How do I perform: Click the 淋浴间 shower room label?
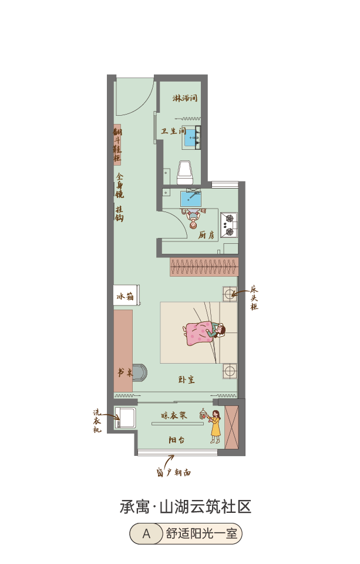coord(185,98)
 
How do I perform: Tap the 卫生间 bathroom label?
coord(173,131)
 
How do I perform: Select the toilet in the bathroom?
coord(185,172)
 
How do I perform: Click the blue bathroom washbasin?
coord(190,137)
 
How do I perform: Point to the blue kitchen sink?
coord(191,199)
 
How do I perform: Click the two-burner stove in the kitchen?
coord(229,225)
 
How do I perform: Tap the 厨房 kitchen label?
coord(207,235)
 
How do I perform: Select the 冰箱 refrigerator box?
coord(126,296)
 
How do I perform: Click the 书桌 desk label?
coord(125,372)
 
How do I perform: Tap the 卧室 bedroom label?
coord(186,379)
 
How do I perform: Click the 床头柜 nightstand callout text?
coord(254,298)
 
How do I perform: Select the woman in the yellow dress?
coord(215,427)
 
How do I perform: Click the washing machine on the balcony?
coord(125,417)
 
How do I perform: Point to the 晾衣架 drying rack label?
coord(174,415)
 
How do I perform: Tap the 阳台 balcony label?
coord(177,439)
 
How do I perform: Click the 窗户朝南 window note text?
coord(174,472)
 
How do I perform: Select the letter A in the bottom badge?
coord(146,534)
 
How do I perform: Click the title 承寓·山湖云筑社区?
coord(185,507)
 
